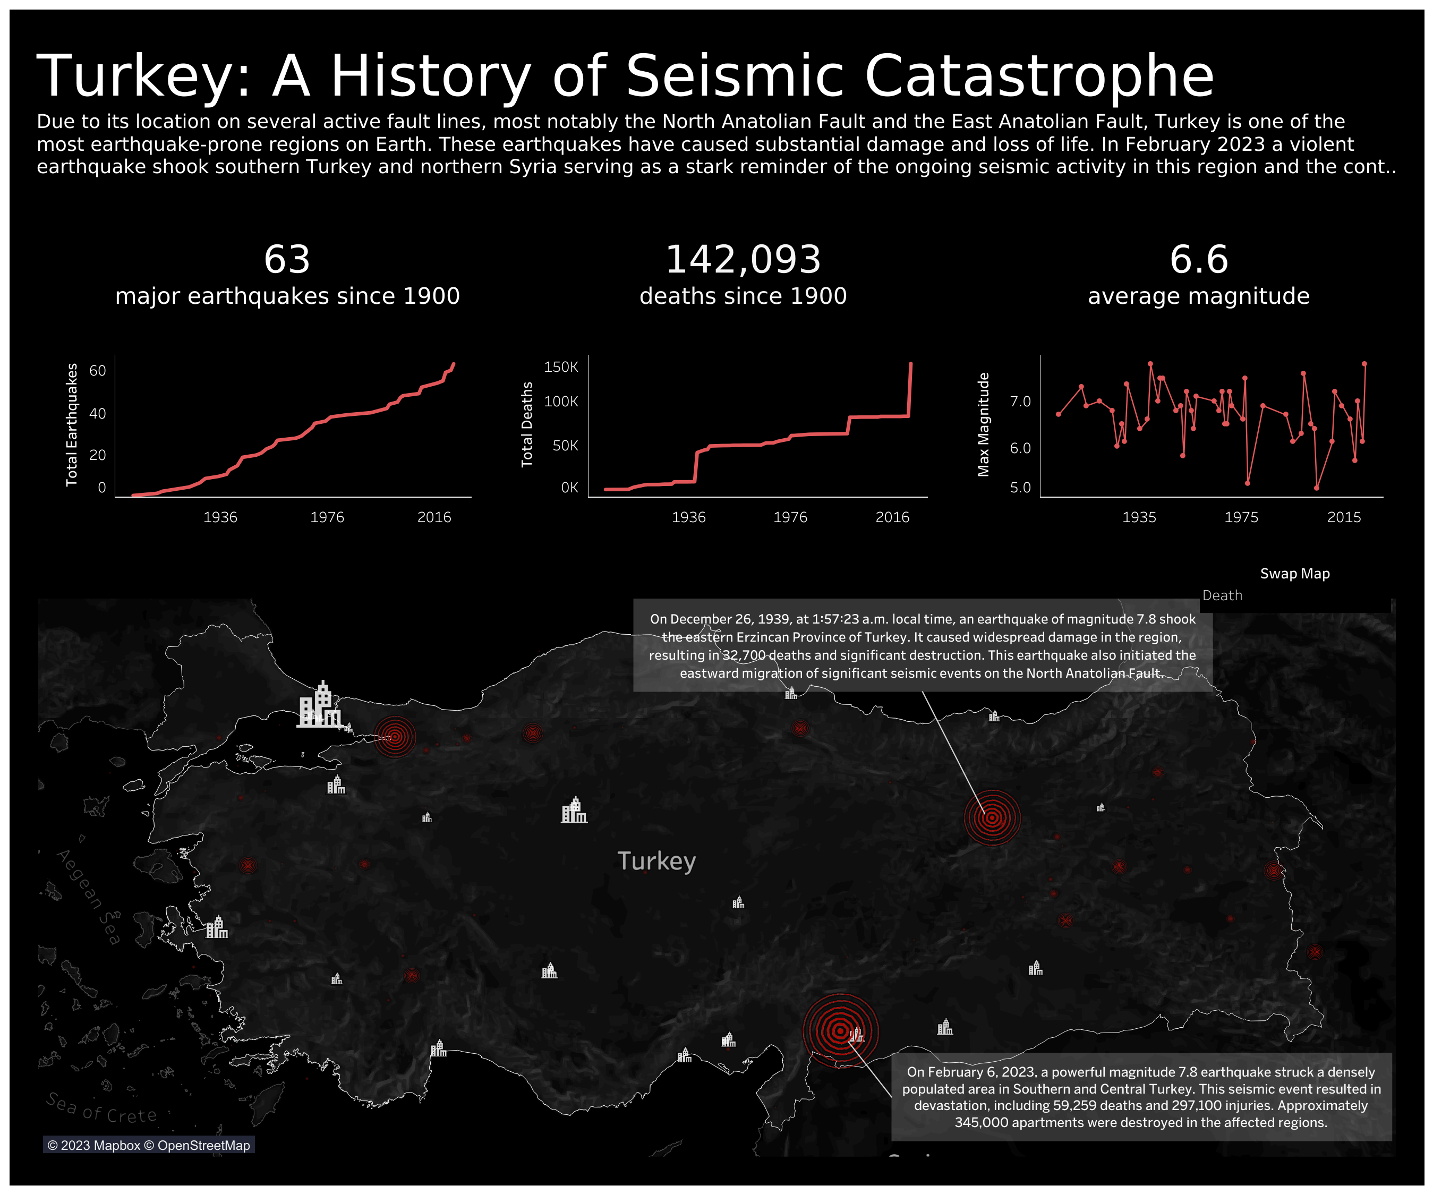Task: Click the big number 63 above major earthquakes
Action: click(287, 260)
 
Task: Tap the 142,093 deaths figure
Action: click(743, 260)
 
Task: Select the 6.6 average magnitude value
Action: click(1198, 260)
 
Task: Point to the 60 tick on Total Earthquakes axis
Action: click(98, 371)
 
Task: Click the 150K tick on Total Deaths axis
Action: click(561, 367)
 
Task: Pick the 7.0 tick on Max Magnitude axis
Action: click(1020, 401)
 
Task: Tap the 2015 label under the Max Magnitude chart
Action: click(1344, 517)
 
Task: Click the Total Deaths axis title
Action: click(527, 424)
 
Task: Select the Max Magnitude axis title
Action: click(983, 424)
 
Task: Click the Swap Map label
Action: click(1294, 574)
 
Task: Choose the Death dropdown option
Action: click(1222, 595)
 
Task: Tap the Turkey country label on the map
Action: click(656, 861)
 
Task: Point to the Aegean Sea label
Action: click(89, 897)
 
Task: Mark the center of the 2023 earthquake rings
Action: click(840, 1031)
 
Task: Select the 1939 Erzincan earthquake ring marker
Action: click(992, 817)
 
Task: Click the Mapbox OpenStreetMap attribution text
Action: click(149, 1146)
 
